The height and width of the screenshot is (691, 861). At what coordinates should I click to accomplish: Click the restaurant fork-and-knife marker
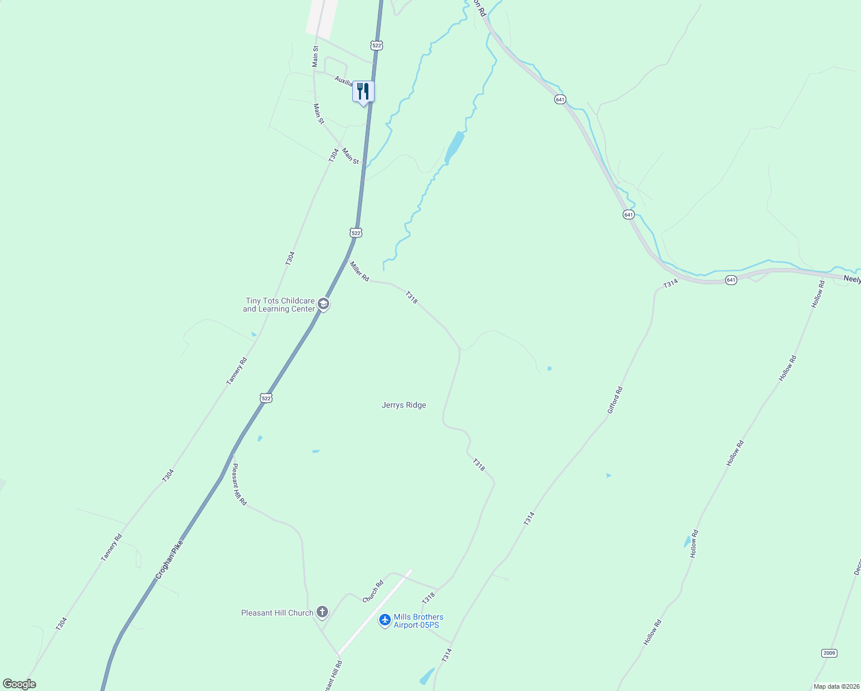363,92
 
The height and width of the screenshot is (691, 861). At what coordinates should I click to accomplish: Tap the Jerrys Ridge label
403,405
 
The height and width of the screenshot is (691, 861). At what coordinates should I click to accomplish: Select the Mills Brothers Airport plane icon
385,620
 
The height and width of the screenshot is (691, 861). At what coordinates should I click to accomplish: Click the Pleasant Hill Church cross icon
322,612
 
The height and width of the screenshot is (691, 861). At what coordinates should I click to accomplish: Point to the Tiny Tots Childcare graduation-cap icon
323,304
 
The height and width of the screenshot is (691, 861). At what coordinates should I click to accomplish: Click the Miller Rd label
359,271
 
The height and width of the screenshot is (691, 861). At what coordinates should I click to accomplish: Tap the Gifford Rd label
615,400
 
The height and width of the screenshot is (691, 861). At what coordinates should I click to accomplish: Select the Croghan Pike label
169,559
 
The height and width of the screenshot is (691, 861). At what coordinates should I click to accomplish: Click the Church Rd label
373,592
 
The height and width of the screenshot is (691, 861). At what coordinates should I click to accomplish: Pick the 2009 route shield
828,653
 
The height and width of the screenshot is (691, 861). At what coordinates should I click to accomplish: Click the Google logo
19,684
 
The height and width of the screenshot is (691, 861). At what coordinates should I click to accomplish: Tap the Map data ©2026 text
836,686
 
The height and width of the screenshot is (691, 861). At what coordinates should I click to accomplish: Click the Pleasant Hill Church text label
277,613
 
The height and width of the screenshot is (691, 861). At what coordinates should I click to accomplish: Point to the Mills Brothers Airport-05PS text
418,621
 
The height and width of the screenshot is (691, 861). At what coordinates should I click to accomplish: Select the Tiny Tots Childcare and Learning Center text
280,305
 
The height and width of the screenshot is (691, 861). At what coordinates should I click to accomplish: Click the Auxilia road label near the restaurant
343,81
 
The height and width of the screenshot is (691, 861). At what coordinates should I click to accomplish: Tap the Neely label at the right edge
852,279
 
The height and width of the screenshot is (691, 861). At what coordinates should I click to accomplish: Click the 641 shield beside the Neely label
731,280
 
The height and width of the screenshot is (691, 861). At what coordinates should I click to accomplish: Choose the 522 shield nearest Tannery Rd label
265,398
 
